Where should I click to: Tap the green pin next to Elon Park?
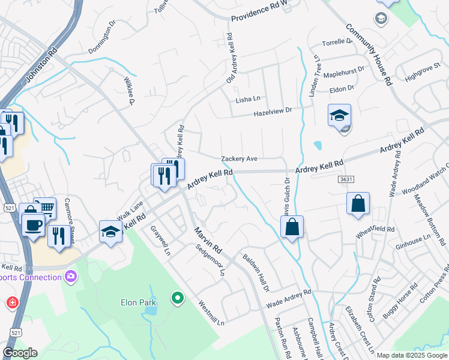click(x=177, y=298)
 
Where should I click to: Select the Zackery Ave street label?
click(x=239, y=159)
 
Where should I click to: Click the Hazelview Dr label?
click(x=272, y=111)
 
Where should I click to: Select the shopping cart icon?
click(x=45, y=208)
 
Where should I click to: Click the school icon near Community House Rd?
click(x=339, y=115)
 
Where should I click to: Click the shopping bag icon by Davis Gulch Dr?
click(x=292, y=227)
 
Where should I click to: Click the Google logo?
click(x=19, y=353)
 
